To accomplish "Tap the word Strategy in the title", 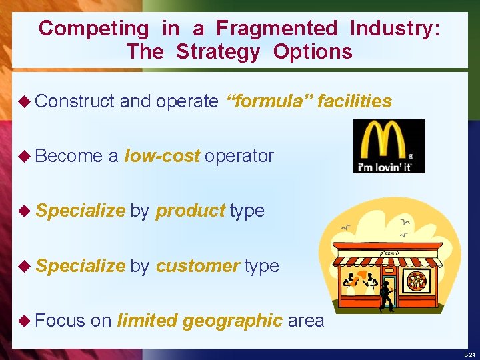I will pyautogui.click(x=218, y=51).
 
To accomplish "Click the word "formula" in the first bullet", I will pyautogui.click(x=269, y=101).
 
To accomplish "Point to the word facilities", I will pyautogui.click(x=354, y=101).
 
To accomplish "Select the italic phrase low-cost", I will pyautogui.click(x=162, y=156).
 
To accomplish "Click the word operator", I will pyautogui.click(x=239, y=156).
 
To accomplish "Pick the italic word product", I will pyautogui.click(x=190, y=211).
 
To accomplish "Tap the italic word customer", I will pyautogui.click(x=197, y=265).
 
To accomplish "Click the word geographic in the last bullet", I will pyautogui.click(x=233, y=320).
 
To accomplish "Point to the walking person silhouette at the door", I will pyautogui.click(x=385, y=295).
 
